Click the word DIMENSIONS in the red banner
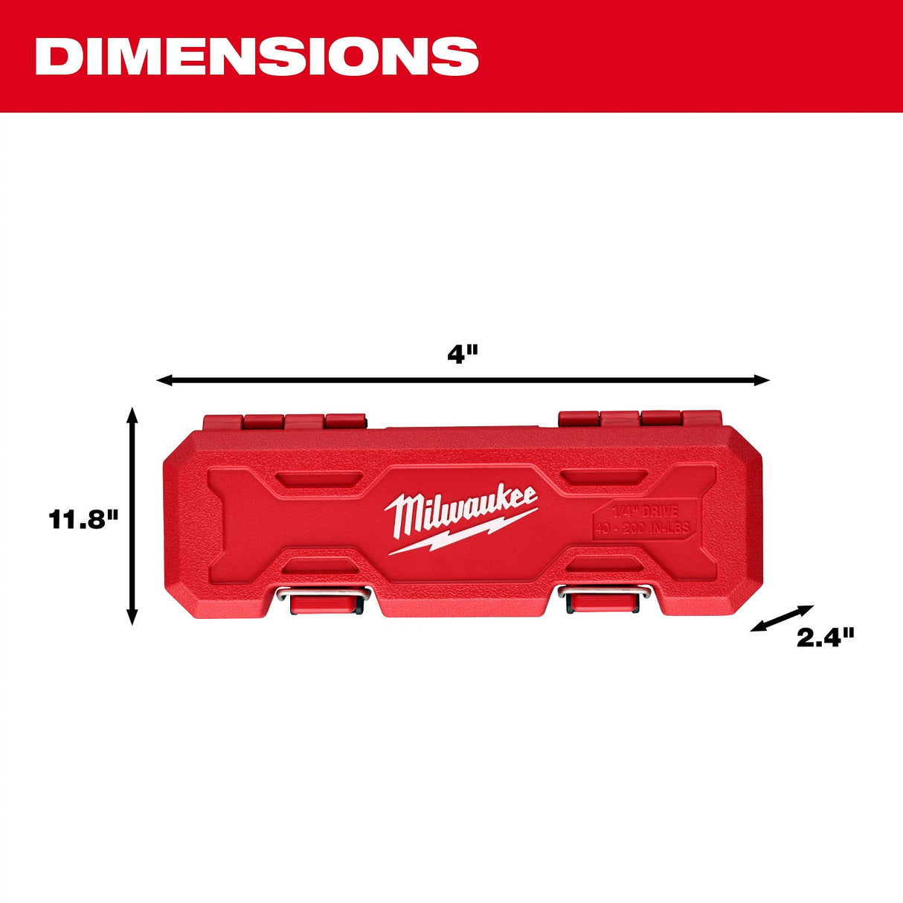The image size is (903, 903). click(257, 56)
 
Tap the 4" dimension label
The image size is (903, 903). click(462, 353)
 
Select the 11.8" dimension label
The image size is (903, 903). click(84, 518)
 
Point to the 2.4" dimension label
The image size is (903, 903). click(826, 637)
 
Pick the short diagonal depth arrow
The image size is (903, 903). click(783, 618)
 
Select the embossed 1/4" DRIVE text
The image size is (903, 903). click(644, 512)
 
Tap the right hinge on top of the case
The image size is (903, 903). click(640, 419)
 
